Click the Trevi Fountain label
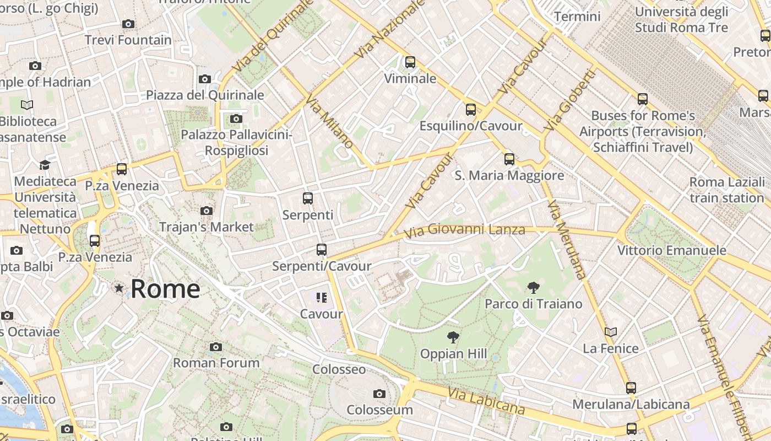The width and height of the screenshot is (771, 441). click(x=128, y=40)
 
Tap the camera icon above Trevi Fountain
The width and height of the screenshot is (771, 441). click(x=128, y=24)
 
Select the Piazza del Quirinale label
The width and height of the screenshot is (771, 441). click(x=205, y=95)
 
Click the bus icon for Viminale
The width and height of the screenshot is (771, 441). click(x=410, y=62)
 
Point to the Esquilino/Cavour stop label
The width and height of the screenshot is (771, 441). click(x=471, y=126)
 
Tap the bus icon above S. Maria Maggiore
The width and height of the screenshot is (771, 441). click(x=509, y=159)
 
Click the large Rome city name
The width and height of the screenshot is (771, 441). click(x=165, y=289)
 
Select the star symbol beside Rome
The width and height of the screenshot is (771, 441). click(x=118, y=288)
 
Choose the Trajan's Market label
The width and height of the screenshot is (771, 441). click(x=207, y=227)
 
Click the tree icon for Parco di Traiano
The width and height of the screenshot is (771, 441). click(x=533, y=287)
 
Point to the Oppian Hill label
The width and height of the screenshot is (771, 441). click(x=454, y=353)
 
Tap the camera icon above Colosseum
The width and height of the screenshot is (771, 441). click(x=379, y=394)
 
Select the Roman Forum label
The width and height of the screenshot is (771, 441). click(x=216, y=363)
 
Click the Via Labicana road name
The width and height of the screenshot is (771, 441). click(x=486, y=401)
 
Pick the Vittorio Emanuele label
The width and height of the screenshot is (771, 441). click(x=672, y=250)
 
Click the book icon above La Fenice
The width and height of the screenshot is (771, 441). click(x=610, y=332)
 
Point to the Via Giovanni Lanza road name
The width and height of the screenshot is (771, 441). click(x=465, y=229)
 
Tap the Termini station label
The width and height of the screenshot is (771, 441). click(x=577, y=17)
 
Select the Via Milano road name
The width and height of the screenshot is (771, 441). click(x=329, y=122)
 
